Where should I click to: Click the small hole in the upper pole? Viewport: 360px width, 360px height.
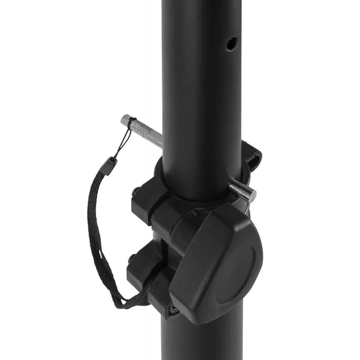[x=231, y=43]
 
